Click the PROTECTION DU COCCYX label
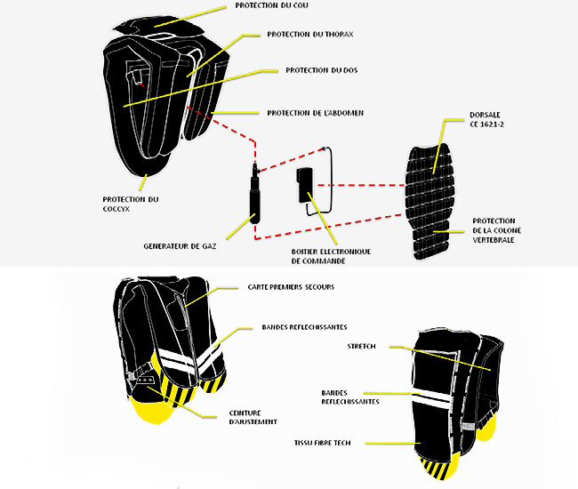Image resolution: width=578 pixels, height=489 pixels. pyautogui.click(x=131, y=204)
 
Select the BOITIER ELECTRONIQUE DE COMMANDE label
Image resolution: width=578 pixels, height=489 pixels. pyautogui.click(x=332, y=257)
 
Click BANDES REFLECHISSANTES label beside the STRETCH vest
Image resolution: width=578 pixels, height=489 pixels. pyautogui.click(x=350, y=397)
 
